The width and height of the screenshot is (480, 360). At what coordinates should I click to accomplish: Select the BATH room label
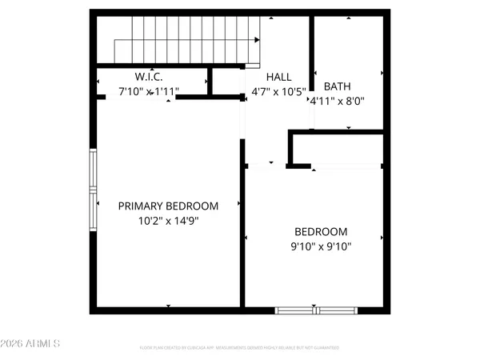(337, 87)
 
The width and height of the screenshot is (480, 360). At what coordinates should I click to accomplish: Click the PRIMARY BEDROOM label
(168, 206)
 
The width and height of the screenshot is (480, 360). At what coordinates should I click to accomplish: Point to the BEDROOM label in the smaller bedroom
(320, 232)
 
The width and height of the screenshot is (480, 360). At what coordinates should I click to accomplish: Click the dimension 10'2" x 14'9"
(168, 220)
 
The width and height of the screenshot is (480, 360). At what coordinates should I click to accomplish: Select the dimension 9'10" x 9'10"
(320, 246)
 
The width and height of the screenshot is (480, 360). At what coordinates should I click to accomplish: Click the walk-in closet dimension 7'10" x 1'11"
(149, 92)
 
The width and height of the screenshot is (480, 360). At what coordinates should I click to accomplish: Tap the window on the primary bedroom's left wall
(93, 190)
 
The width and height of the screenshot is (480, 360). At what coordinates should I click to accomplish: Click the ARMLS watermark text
(31, 344)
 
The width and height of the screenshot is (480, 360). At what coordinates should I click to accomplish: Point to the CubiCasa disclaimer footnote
(240, 348)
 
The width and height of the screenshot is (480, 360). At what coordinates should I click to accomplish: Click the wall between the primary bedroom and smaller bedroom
(242, 232)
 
